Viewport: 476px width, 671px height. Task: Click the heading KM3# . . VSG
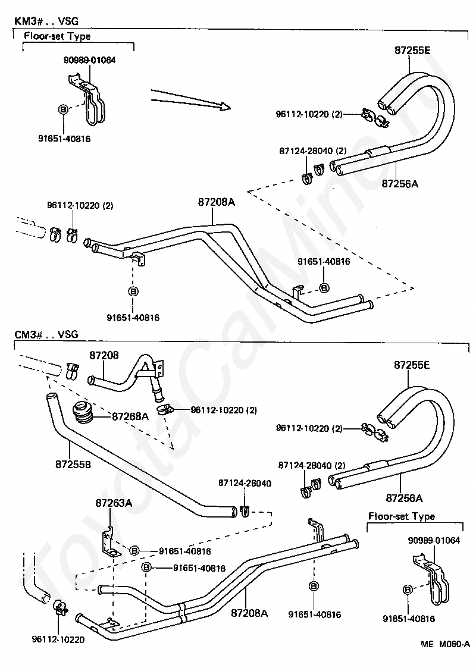point(46,21)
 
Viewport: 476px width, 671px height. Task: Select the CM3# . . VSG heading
point(46,334)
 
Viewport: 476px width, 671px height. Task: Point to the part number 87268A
point(130,416)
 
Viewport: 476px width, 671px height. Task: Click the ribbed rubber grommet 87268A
point(82,413)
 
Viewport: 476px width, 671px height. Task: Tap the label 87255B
point(73,464)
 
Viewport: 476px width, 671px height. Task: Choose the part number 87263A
point(114,503)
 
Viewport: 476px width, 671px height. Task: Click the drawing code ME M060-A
point(445,656)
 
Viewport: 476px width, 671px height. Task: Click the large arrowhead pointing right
point(223,105)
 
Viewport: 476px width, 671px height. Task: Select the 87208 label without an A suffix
point(104,355)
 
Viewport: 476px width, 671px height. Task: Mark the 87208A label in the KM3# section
point(217,202)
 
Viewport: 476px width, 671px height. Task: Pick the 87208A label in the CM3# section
point(249,613)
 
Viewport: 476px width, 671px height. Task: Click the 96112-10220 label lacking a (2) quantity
point(58,639)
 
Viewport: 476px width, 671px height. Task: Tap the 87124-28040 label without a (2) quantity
point(245,483)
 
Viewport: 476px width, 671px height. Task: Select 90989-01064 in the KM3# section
point(89,60)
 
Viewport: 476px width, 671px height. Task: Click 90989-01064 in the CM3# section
point(434,540)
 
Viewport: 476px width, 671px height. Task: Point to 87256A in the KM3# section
point(400,184)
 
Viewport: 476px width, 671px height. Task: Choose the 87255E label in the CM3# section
point(412,365)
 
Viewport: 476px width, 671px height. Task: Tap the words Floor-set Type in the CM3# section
point(402,516)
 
